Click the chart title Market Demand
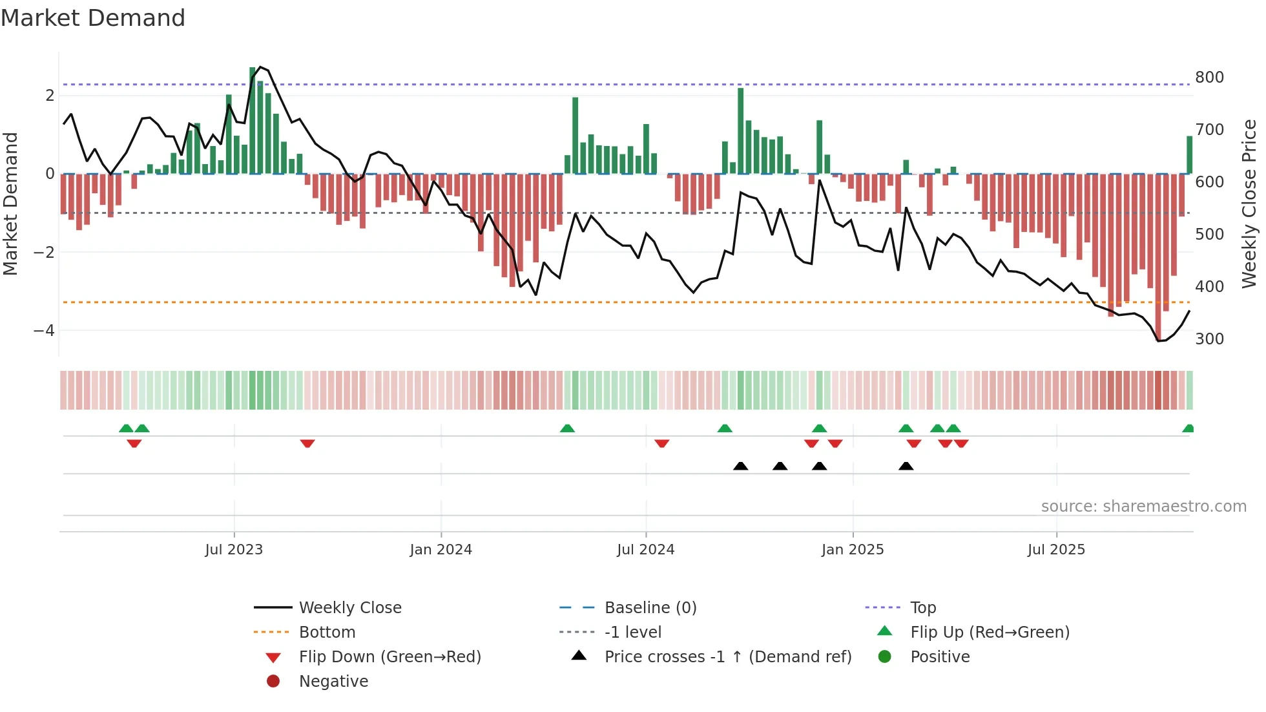point(93,18)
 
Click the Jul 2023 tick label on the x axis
point(234,550)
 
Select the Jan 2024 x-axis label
point(441,550)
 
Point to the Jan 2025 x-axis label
point(853,550)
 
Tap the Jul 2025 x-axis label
point(1057,550)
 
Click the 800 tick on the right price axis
point(1209,78)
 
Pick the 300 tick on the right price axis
point(1209,339)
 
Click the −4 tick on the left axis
point(44,331)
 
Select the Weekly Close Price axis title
point(1249,204)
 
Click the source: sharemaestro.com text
point(1143,507)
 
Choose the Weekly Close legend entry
point(350,608)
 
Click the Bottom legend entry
point(327,633)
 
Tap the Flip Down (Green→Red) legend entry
point(389,657)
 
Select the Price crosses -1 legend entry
point(728,657)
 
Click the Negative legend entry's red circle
point(273,682)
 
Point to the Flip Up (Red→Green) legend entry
point(990,633)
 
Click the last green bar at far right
point(1189,155)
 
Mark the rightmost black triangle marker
point(906,466)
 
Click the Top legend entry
point(923,608)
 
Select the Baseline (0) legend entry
point(650,608)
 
